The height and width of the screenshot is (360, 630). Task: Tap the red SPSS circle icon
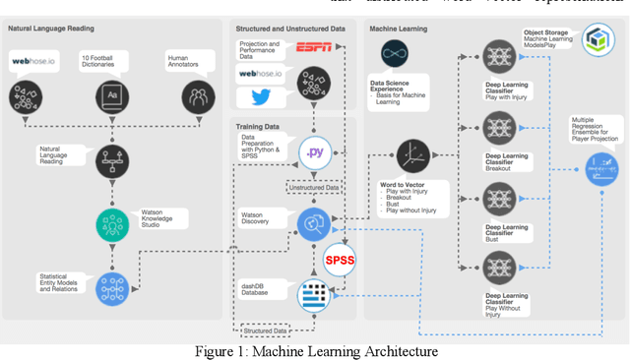[340, 260]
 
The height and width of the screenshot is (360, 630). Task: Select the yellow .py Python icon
[314, 152]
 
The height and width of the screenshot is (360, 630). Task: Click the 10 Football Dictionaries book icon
[110, 96]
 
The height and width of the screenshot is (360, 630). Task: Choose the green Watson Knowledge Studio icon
[110, 224]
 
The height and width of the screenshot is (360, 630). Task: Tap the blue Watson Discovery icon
[314, 223]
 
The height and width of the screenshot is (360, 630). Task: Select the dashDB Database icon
[314, 292]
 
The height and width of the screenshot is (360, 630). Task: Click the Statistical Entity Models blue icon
[110, 288]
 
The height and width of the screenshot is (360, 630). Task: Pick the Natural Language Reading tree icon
[110, 160]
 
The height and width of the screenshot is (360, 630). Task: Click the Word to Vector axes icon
[411, 154]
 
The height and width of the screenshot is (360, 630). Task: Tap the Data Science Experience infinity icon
[394, 54]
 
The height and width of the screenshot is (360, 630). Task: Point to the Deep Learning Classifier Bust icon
[497, 195]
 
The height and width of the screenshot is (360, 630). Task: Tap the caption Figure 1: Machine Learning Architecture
[314, 351]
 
